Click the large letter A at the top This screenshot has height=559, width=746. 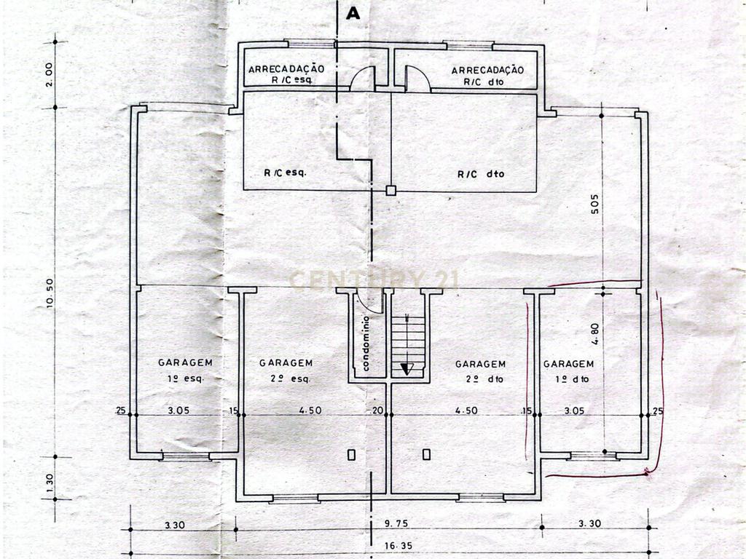click(x=353, y=13)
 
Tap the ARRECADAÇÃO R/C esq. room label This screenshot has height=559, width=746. click(x=286, y=74)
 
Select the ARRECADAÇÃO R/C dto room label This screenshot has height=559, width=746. click(x=487, y=76)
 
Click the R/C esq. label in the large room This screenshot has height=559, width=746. click(x=285, y=172)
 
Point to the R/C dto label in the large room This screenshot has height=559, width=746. click(x=481, y=174)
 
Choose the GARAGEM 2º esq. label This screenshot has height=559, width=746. click(x=286, y=370)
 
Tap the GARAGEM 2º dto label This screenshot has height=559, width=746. click(x=480, y=371)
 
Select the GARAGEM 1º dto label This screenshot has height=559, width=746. click(x=568, y=371)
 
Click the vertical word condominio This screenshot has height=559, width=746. click(x=366, y=344)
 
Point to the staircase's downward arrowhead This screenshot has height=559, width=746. click(x=407, y=369)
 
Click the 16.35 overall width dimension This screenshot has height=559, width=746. click(x=398, y=546)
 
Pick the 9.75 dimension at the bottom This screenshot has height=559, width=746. click(x=396, y=523)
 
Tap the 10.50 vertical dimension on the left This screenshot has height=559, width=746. click(x=50, y=293)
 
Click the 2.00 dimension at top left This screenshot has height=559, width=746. click(x=50, y=75)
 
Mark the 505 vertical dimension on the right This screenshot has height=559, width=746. click(x=594, y=204)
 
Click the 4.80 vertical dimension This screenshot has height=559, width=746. click(x=595, y=334)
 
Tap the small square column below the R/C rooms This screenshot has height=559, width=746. click(x=390, y=191)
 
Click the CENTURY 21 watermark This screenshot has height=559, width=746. click(x=374, y=279)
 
